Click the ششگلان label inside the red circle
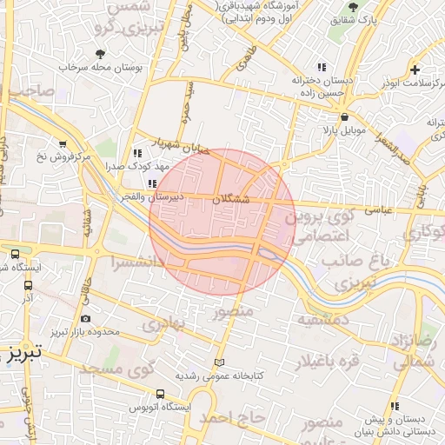(230, 199)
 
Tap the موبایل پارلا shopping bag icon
(345, 116)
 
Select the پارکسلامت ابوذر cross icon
(415, 70)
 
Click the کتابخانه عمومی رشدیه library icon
(219, 362)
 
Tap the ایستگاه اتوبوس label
(160, 407)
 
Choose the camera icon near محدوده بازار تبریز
(84, 319)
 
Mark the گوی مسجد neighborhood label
(117, 369)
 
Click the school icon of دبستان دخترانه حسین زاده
(322, 67)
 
